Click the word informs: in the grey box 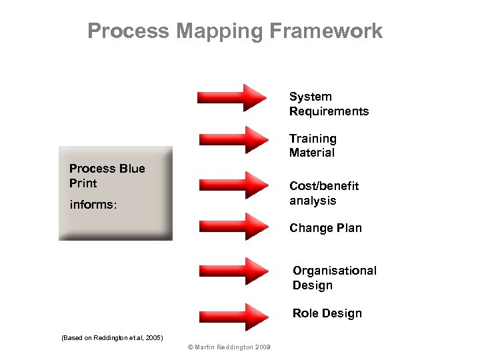pyautogui.click(x=93, y=205)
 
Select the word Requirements pyautogui.click(x=329, y=111)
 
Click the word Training pyautogui.click(x=313, y=139)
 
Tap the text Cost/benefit pyautogui.click(x=324, y=186)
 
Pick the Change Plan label pyautogui.click(x=325, y=228)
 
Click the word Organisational pyautogui.click(x=335, y=271)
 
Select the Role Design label pyautogui.click(x=327, y=313)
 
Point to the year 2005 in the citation pyautogui.click(x=153, y=338)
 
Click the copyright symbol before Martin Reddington pyautogui.click(x=191, y=347)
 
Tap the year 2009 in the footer pyautogui.click(x=263, y=347)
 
